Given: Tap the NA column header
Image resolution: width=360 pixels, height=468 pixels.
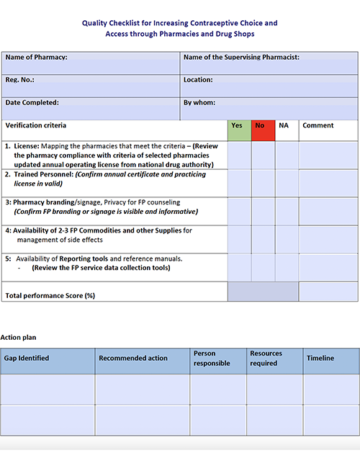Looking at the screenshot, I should [x=286, y=126].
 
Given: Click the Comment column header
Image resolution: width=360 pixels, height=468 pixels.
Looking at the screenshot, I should [x=318, y=126].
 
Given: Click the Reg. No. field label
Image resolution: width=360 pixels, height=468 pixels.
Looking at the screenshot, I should [x=20, y=81].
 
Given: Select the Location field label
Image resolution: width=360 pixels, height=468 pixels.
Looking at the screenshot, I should [x=198, y=81].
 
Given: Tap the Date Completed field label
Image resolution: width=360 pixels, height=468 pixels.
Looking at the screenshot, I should [x=32, y=103].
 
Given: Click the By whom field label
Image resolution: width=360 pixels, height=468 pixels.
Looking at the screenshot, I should [x=199, y=103].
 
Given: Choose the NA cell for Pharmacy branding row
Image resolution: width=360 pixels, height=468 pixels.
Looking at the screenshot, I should [x=286, y=210].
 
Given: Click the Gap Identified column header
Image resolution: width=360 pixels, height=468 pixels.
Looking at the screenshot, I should [x=27, y=359].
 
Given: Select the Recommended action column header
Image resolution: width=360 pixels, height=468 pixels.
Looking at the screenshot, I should [x=133, y=359].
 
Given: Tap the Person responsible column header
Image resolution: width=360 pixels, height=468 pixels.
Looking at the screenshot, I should [x=212, y=359].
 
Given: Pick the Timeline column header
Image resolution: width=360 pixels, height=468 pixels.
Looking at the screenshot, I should [x=320, y=359].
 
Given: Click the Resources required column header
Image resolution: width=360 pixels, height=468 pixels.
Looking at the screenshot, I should [x=266, y=359].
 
